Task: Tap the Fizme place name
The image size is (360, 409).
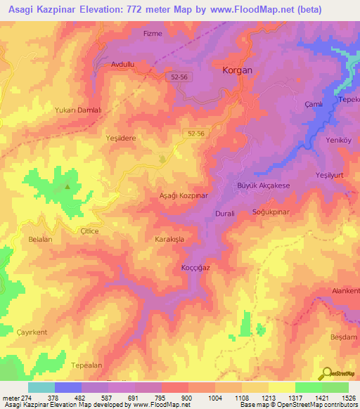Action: pyautogui.click(x=153, y=33)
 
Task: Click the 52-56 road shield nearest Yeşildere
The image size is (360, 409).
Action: pyautogui.click(x=196, y=134)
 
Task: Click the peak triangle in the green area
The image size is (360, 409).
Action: pyautogui.click(x=67, y=187)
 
